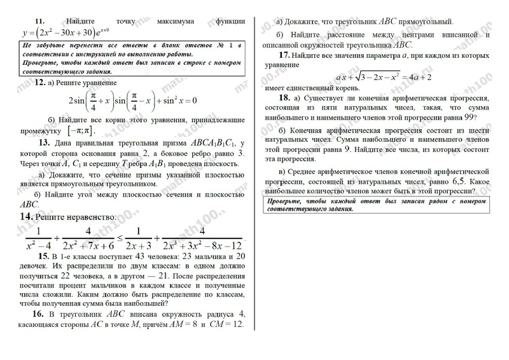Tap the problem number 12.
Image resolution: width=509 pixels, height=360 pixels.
39,83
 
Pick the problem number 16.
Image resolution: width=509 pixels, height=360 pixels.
38,315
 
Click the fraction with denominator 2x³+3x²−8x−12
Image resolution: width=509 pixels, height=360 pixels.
201,238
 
